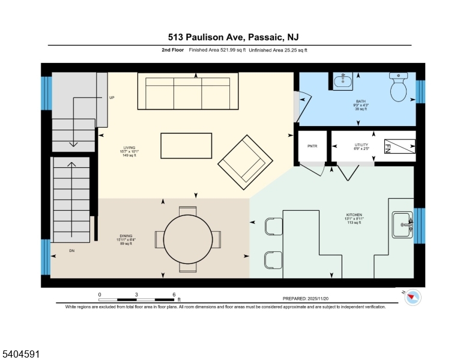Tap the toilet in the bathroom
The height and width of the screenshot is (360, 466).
(399, 88)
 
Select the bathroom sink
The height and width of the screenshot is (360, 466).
(342, 82)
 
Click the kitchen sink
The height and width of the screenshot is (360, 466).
(402, 225)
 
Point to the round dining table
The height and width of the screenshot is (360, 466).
(187, 239)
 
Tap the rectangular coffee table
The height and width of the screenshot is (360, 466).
(186, 146)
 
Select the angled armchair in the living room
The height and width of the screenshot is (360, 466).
(243, 161)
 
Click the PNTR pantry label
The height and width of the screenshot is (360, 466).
(312, 145)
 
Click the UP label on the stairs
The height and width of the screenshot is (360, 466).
(112, 97)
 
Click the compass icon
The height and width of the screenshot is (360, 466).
(413, 297)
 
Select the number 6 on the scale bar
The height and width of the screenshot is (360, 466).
(174, 295)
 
